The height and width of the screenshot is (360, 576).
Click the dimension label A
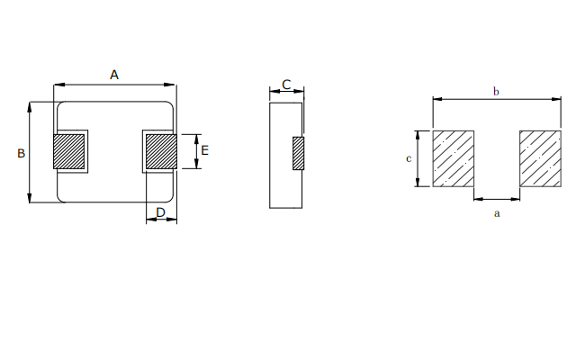(x=114, y=75)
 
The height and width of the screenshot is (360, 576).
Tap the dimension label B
(x=22, y=153)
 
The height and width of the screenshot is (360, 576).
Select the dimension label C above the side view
(x=286, y=85)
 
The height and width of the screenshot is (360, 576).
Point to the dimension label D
(x=161, y=212)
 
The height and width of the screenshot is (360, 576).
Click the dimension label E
(x=205, y=150)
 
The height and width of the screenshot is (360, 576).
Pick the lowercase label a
(x=497, y=213)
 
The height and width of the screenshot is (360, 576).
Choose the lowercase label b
(x=496, y=91)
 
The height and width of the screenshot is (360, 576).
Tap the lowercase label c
(x=409, y=158)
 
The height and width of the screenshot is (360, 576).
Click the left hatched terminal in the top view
(x=69, y=151)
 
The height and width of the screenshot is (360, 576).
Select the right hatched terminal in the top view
(x=161, y=151)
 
